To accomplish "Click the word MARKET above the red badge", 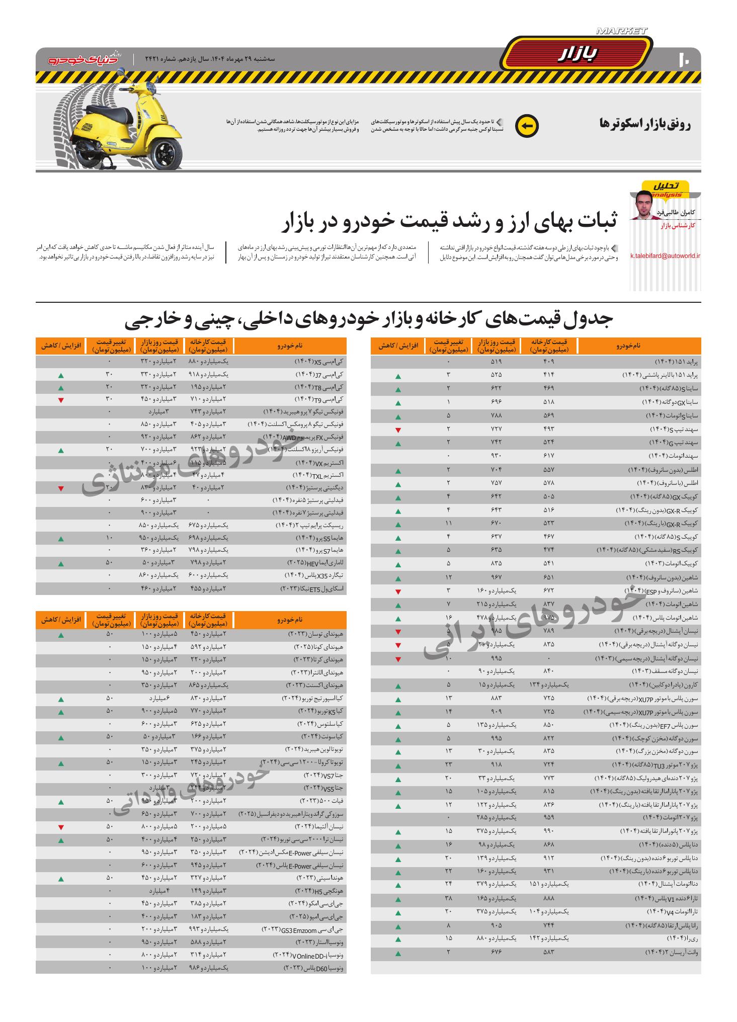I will coord(621,31).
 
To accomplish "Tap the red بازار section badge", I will coord(577,54).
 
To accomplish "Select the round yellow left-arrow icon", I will coord(527,126).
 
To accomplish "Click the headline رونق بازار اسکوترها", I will coord(645,124).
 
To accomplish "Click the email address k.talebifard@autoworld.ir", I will coord(665,256).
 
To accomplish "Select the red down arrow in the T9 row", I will coord(61,400).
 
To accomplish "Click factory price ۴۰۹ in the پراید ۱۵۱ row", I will coord(549,362).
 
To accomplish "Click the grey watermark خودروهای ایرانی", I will coord(533,624).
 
